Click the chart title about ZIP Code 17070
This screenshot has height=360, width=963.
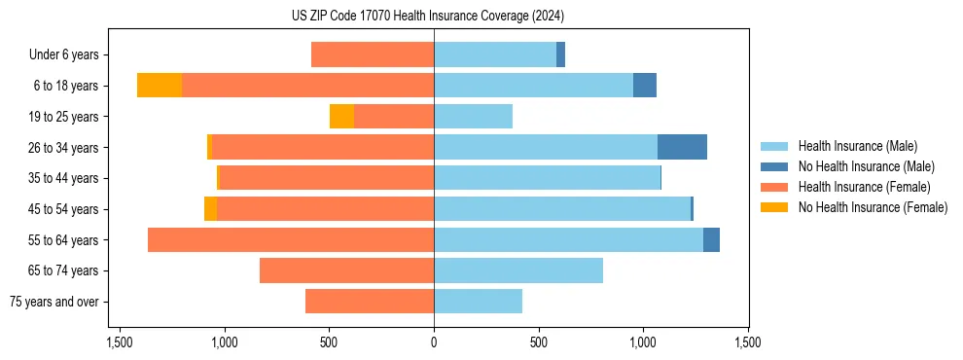coord(434,17)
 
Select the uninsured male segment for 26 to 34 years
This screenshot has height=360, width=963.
coord(682,147)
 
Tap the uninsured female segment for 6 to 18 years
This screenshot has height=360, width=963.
coord(160,86)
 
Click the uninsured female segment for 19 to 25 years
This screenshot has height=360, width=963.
coord(341,117)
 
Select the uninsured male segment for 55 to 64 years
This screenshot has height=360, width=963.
coord(711,239)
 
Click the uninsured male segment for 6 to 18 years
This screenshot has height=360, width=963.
coord(645,86)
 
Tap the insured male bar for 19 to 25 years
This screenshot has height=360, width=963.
coord(473,117)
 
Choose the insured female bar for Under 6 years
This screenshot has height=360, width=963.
coord(373,54)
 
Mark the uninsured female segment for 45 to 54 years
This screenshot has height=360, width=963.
coord(210,209)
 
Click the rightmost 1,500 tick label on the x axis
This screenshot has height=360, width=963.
coord(748,342)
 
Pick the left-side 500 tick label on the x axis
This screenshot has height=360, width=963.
coord(329,342)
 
